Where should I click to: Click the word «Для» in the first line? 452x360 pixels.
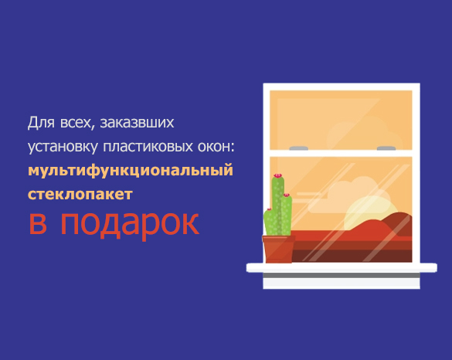(41, 122)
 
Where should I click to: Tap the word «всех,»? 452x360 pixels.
(78, 123)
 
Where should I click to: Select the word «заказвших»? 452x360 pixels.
(137, 123)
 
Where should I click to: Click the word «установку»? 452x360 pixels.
(63, 147)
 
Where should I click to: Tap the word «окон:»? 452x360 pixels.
(216, 147)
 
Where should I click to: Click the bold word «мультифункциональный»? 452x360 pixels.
(131, 171)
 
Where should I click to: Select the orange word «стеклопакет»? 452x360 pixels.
(80, 194)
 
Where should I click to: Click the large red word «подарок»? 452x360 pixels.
(130, 225)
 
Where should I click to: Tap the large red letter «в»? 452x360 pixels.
(38, 223)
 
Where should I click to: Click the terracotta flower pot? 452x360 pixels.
(278, 249)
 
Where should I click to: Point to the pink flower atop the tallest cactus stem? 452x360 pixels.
(277, 175)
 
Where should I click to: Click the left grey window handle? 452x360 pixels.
(299, 148)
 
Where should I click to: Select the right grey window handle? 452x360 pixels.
(386, 148)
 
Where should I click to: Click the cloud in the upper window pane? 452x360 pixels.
(365, 133)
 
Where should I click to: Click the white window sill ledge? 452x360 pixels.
(342, 267)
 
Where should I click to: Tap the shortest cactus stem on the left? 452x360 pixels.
(270, 222)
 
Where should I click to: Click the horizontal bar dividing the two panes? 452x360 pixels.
(341, 153)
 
